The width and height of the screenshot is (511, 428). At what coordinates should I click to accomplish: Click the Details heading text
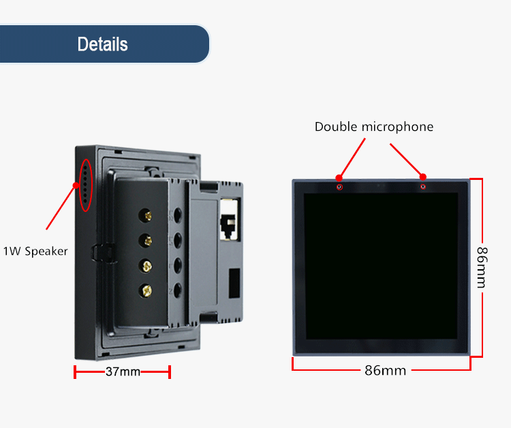(x=102, y=44)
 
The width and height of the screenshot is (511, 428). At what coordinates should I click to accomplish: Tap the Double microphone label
(x=373, y=127)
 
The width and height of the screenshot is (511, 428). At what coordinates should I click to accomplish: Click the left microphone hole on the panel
(x=340, y=186)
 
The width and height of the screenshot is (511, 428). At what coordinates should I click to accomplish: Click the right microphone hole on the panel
(x=423, y=186)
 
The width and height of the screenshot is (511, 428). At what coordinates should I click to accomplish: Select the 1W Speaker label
(x=35, y=251)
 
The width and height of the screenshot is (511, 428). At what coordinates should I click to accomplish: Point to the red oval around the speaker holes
(x=85, y=184)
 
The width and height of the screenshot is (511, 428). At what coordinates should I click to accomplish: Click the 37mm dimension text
(x=123, y=372)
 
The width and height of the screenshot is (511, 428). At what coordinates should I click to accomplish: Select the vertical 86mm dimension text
(x=482, y=267)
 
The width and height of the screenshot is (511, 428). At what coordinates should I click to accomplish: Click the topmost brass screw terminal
(x=144, y=217)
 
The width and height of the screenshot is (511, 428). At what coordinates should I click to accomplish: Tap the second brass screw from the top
(x=144, y=241)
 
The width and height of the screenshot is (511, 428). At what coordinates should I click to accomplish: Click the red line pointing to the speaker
(x=60, y=206)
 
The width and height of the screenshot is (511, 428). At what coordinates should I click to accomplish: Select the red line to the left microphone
(x=352, y=158)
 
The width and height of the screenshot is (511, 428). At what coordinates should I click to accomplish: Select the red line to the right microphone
(x=407, y=160)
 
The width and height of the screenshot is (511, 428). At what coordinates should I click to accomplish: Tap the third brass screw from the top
(x=145, y=265)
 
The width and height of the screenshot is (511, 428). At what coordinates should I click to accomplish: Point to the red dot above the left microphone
(x=339, y=177)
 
